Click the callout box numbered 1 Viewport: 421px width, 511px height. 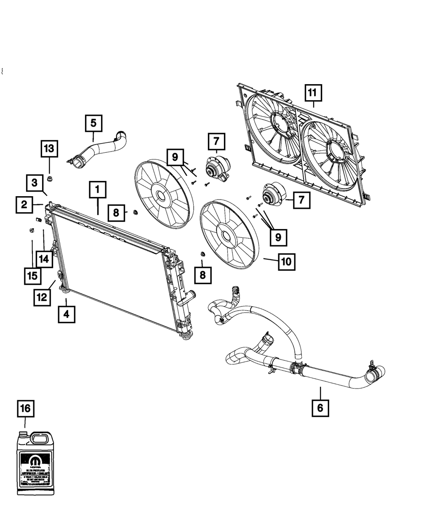(x=97, y=190)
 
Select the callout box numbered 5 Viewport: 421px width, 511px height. (x=93, y=123)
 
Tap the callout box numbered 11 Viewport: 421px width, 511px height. (x=312, y=93)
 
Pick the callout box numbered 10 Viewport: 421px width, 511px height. (x=286, y=261)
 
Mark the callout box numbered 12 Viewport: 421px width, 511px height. (x=43, y=297)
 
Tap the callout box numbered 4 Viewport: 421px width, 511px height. (x=67, y=314)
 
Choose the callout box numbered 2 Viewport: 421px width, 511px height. (x=25, y=205)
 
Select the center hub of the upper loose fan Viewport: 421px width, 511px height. (x=160, y=195)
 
